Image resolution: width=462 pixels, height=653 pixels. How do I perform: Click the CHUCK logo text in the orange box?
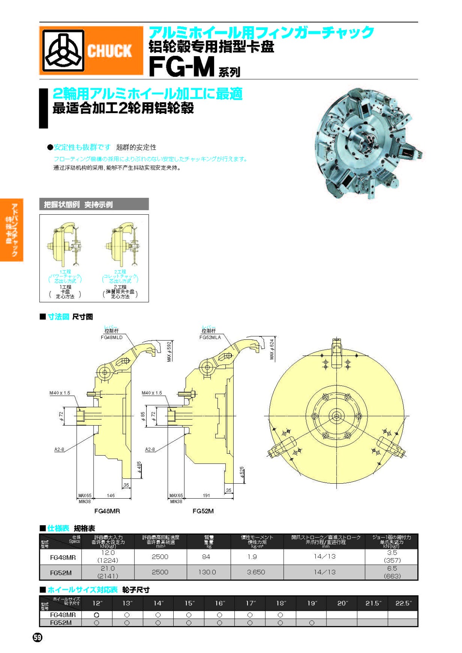point(109,51)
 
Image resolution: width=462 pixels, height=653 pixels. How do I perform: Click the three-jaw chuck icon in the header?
point(63,50)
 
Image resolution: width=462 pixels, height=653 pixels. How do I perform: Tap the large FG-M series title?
point(182,67)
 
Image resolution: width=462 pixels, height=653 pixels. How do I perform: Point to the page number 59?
point(37,638)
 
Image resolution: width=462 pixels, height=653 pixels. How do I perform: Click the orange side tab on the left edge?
point(12,230)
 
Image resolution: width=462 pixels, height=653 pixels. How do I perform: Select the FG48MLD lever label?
point(112,337)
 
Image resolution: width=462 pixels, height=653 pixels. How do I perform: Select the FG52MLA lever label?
point(210,337)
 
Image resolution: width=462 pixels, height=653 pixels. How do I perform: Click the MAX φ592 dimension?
point(169,351)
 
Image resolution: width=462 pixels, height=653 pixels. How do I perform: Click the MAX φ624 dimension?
point(272,349)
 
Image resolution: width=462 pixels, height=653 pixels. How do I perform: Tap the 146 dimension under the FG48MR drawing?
point(111,496)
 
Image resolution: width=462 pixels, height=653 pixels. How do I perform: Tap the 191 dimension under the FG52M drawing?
point(206,496)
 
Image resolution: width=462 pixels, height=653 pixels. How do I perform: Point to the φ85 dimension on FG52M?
point(143,416)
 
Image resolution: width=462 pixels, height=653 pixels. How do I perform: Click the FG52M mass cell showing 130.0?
point(207,572)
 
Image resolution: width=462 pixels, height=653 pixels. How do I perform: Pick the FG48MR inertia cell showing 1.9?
point(252,557)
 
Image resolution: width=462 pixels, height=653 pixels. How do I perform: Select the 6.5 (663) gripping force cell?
point(392,572)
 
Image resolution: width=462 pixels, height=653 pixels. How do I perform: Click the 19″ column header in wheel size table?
point(312,603)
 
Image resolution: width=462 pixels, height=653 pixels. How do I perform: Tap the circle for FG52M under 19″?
point(312,623)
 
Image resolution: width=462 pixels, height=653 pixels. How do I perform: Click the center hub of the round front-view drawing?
point(336,416)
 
